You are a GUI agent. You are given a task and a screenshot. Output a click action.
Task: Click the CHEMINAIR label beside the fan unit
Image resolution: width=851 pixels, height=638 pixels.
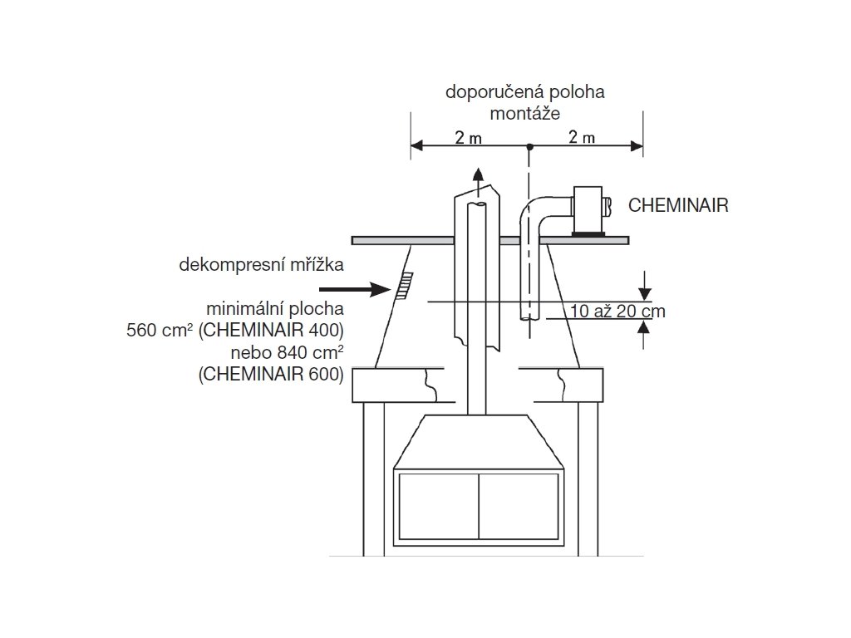[678, 205]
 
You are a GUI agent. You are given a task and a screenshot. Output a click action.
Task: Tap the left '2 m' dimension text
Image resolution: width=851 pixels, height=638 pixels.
[468, 138]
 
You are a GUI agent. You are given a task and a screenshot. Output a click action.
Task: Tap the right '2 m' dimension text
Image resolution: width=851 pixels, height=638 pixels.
[582, 138]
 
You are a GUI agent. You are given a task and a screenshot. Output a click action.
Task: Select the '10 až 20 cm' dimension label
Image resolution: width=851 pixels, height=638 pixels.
[618, 312]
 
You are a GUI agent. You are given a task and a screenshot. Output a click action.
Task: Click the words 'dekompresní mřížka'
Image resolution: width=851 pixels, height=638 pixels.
[261, 265]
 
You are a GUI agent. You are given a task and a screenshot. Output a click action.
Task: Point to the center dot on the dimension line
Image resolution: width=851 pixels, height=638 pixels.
[529, 147]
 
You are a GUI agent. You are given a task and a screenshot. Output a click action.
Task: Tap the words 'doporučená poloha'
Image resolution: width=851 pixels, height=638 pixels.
[524, 92]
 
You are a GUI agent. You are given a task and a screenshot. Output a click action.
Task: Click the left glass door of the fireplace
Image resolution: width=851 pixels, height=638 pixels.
[439, 508]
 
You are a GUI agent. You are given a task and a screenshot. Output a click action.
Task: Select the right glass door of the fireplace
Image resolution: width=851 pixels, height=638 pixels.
[518, 508]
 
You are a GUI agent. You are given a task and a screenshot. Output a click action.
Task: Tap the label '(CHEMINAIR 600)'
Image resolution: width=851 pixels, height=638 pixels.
[271, 374]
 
